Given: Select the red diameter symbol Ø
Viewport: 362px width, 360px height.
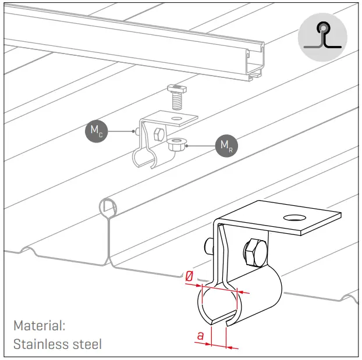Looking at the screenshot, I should coord(189,278).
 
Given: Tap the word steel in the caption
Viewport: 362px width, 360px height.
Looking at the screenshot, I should coord(86,344).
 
